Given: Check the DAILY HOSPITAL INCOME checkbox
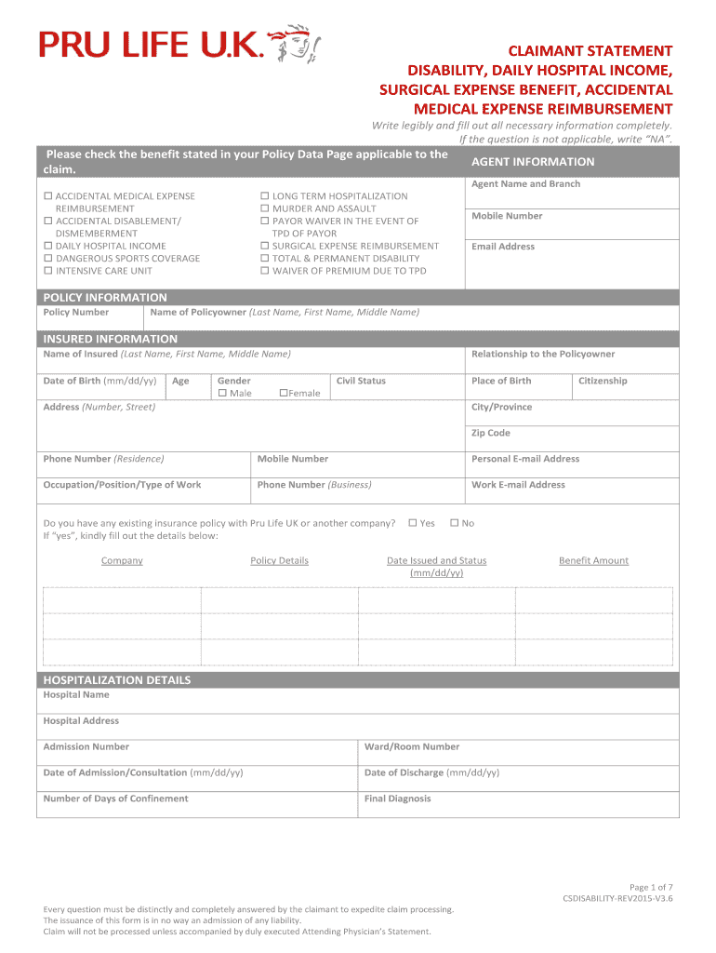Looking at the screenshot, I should [x=48, y=247].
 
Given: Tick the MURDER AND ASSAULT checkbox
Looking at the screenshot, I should [x=265, y=209].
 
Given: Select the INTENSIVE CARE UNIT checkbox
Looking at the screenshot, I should [x=48, y=271].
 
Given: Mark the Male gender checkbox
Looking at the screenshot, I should [x=222, y=394].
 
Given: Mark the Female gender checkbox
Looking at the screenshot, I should [x=284, y=394].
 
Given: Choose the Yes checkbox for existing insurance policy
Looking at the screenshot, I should [x=412, y=523].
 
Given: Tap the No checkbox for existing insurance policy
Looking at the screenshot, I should [x=454, y=523].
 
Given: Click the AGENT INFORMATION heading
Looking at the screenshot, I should [x=533, y=162].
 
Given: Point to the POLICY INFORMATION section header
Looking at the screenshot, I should [x=105, y=298].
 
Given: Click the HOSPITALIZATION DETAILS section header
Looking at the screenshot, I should [x=117, y=680].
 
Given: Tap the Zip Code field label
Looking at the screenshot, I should [x=491, y=434].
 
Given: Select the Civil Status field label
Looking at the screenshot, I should [x=361, y=381].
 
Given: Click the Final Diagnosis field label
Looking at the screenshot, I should [x=398, y=799].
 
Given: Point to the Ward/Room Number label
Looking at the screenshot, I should [x=412, y=746].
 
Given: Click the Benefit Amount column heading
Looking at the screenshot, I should [x=593, y=561].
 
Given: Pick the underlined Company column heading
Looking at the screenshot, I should [x=122, y=561].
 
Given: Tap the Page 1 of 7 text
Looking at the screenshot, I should [x=651, y=887].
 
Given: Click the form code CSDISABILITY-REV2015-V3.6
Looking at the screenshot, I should [x=617, y=900].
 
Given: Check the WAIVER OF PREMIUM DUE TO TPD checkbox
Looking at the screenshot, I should [x=265, y=271].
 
